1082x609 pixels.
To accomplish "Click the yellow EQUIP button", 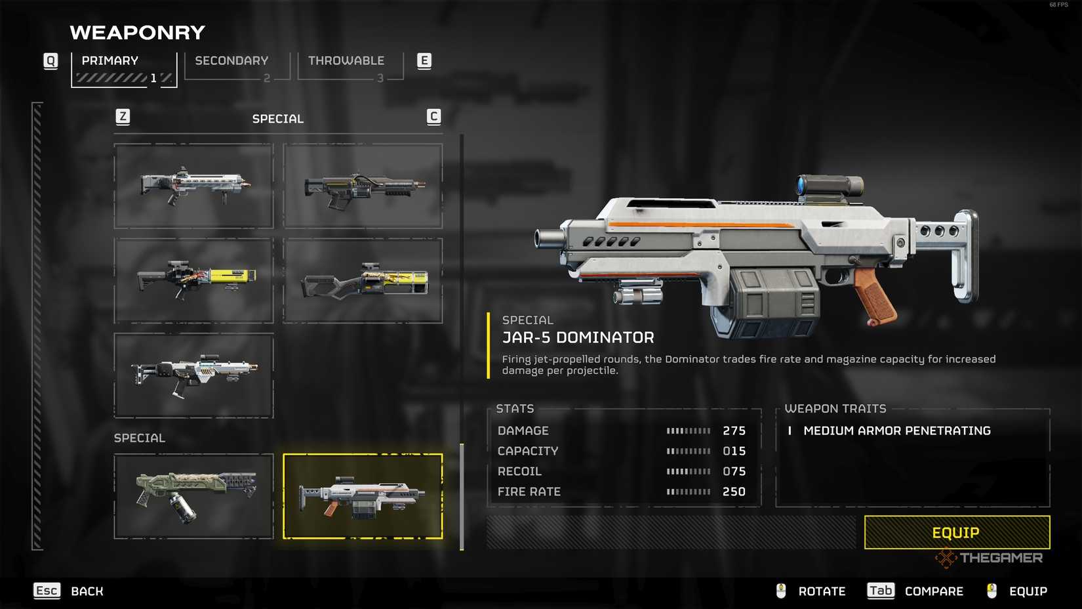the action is pos(957,532).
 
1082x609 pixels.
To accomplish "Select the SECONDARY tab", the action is pos(237,66).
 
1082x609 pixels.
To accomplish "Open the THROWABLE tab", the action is pos(350,66).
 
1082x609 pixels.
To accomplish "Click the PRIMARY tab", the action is pos(124,70).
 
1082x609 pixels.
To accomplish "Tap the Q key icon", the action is pos(50,61).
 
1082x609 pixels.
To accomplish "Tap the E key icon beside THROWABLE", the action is pos(424,61).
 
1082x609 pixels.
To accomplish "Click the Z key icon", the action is pos(123,117).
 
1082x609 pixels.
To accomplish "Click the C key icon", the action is pos(433,117).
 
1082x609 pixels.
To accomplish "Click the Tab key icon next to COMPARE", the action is pos(881,591).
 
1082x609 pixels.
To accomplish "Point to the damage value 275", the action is pos(734,430).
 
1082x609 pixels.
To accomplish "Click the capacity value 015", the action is pos(734,451).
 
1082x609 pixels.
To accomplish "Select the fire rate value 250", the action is pos(734,492).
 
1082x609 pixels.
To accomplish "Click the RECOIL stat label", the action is pos(519,471).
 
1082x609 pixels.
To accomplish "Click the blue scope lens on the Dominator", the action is pos(801,184).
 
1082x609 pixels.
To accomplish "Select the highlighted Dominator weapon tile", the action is pos(363,496).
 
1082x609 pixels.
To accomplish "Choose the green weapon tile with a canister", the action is pos(193,496).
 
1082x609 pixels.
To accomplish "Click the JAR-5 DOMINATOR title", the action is pos(578,337).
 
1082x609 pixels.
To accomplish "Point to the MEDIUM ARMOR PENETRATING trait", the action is pos(897,430).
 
